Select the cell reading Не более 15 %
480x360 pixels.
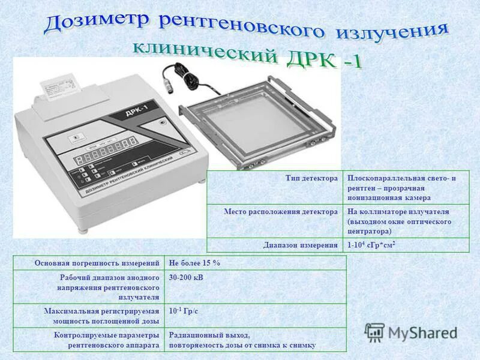(195, 263)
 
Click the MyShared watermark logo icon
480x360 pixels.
(375, 332)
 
